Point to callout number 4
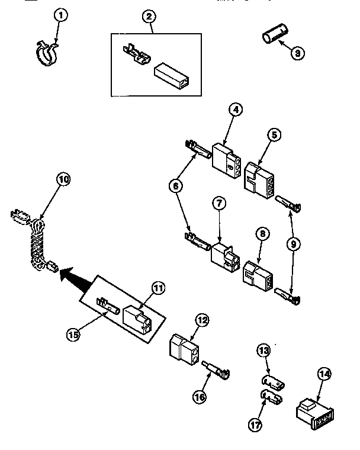pos(236,110)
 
